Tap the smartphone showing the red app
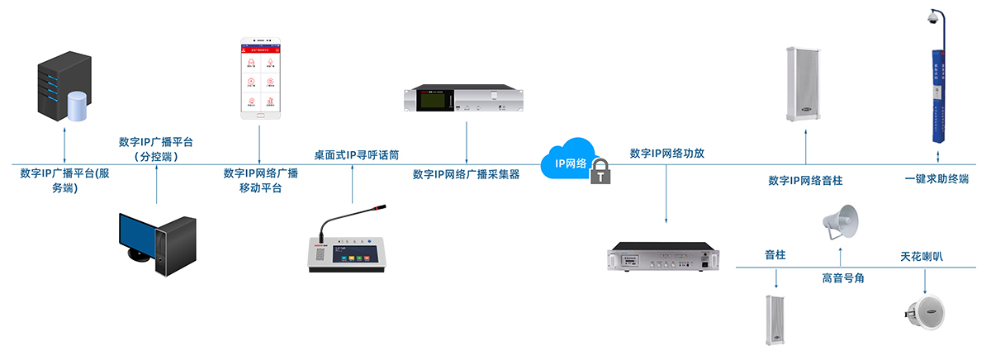[x=259, y=78]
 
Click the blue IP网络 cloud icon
[x=568, y=163]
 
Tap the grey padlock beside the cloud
[x=602, y=171]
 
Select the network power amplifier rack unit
[x=666, y=257]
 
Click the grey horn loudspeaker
[x=840, y=220]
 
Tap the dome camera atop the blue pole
[x=934, y=18]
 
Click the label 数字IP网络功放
[x=666, y=154]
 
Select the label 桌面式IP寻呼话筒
[x=357, y=154]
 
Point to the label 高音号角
[x=842, y=278]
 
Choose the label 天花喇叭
[x=921, y=257]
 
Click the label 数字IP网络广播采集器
[x=467, y=174]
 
